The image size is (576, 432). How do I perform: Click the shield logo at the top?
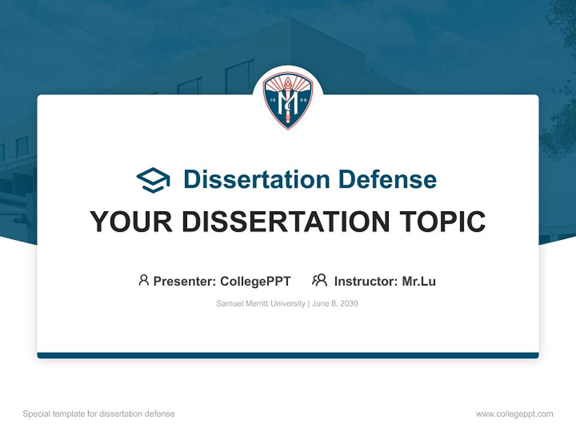tap(287, 100)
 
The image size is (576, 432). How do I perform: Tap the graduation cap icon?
tap(153, 180)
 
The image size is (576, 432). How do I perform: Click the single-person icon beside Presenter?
tap(143, 280)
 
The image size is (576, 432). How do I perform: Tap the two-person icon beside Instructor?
tap(319, 280)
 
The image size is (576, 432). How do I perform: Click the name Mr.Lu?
tap(419, 281)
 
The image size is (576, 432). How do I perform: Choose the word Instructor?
tap(366, 281)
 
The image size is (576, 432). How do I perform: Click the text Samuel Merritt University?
tap(260, 304)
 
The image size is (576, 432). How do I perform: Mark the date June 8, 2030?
tap(335, 304)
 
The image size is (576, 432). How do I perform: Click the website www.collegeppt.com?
tap(514, 414)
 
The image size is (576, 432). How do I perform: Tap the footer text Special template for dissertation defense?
tap(99, 414)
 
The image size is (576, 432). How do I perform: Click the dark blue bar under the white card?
tap(288, 355)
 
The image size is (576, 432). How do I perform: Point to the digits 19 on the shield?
tap(272, 100)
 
